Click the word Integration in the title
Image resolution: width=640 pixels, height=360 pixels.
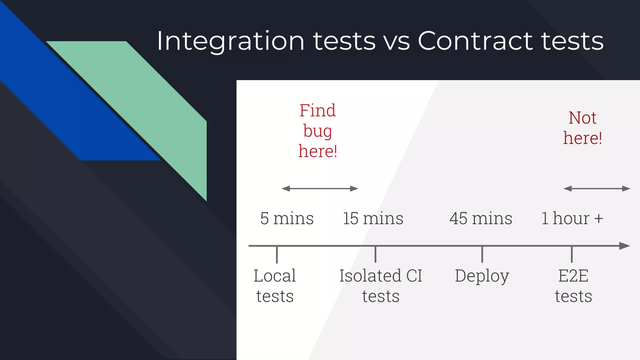click(x=231, y=41)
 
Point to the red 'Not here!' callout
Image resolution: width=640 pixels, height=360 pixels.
click(x=582, y=128)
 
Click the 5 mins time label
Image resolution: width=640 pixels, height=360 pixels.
click(x=287, y=218)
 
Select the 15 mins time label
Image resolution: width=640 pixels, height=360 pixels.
click(x=373, y=218)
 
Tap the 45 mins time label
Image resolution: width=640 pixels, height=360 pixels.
click(x=481, y=218)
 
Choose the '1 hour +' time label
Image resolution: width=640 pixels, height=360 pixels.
click(x=572, y=218)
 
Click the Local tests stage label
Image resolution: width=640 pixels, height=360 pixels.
click(x=275, y=286)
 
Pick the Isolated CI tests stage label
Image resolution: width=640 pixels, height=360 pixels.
click(x=381, y=286)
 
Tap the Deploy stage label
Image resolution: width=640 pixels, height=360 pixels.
click(x=482, y=276)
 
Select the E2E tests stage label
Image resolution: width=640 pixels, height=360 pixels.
click(x=573, y=286)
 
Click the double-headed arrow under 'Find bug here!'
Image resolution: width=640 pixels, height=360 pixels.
click(x=320, y=188)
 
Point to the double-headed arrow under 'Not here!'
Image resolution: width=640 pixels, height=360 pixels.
click(x=597, y=188)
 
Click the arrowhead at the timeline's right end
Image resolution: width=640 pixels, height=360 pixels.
click(x=624, y=246)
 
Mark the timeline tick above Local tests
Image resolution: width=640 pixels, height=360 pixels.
click(x=277, y=254)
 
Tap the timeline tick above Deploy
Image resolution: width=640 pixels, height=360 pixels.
click(x=482, y=254)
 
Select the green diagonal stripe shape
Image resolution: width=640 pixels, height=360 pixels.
click(x=150, y=103)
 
